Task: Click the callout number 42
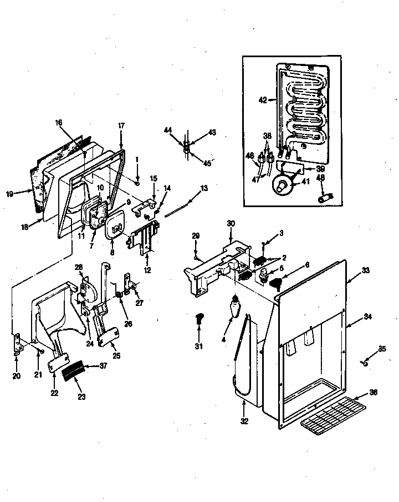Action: pos(262,101)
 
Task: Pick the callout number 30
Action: pos(231,223)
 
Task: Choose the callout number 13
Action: pos(204,189)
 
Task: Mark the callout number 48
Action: pos(320,178)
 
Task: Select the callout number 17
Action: pos(121,126)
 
